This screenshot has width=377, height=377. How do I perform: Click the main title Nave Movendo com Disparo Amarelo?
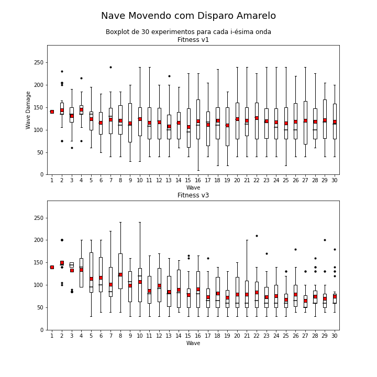[188, 16]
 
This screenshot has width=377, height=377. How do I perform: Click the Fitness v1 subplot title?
[193, 40]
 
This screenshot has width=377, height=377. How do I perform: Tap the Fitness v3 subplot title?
[193, 195]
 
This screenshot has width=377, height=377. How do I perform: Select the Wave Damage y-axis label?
[28, 110]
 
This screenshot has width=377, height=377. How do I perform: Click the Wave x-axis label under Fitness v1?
[193, 187]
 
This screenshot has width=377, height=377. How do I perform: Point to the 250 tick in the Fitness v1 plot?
[39, 62]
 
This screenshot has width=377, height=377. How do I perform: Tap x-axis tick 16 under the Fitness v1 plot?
[198, 180]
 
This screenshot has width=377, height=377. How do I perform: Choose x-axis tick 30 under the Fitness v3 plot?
[335, 336]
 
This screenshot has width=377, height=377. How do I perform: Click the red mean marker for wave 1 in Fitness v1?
[52, 112]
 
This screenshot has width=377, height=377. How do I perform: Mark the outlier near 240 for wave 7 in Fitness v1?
[110, 68]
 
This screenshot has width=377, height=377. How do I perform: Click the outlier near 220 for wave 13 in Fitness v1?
[169, 76]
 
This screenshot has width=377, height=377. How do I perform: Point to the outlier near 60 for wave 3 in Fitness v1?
[72, 148]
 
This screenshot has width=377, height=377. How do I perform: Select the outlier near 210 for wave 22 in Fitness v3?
[257, 236]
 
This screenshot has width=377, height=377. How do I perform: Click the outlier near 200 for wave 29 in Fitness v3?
[325, 240]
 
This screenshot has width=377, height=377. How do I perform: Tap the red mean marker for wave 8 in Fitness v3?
[120, 274]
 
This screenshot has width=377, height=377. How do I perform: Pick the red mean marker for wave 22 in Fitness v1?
[257, 118]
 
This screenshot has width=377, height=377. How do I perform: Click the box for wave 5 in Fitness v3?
[91, 272]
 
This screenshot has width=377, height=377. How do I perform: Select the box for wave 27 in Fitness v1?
[305, 123]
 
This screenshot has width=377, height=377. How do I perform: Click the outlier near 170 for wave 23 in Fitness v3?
[267, 253]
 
